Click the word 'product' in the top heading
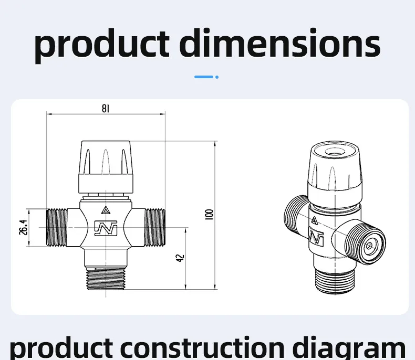click(102, 46)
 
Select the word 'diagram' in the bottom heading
click(349, 348)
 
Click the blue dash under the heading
click(203, 77)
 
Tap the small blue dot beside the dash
click(217, 77)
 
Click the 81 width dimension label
click(106, 109)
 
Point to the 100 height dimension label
click(209, 214)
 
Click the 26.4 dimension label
click(23, 227)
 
